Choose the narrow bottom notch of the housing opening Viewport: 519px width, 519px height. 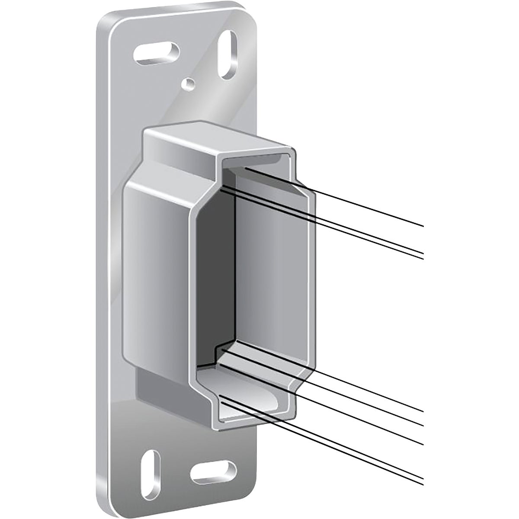[247, 398]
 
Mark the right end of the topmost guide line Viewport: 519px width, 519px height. [422, 225]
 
